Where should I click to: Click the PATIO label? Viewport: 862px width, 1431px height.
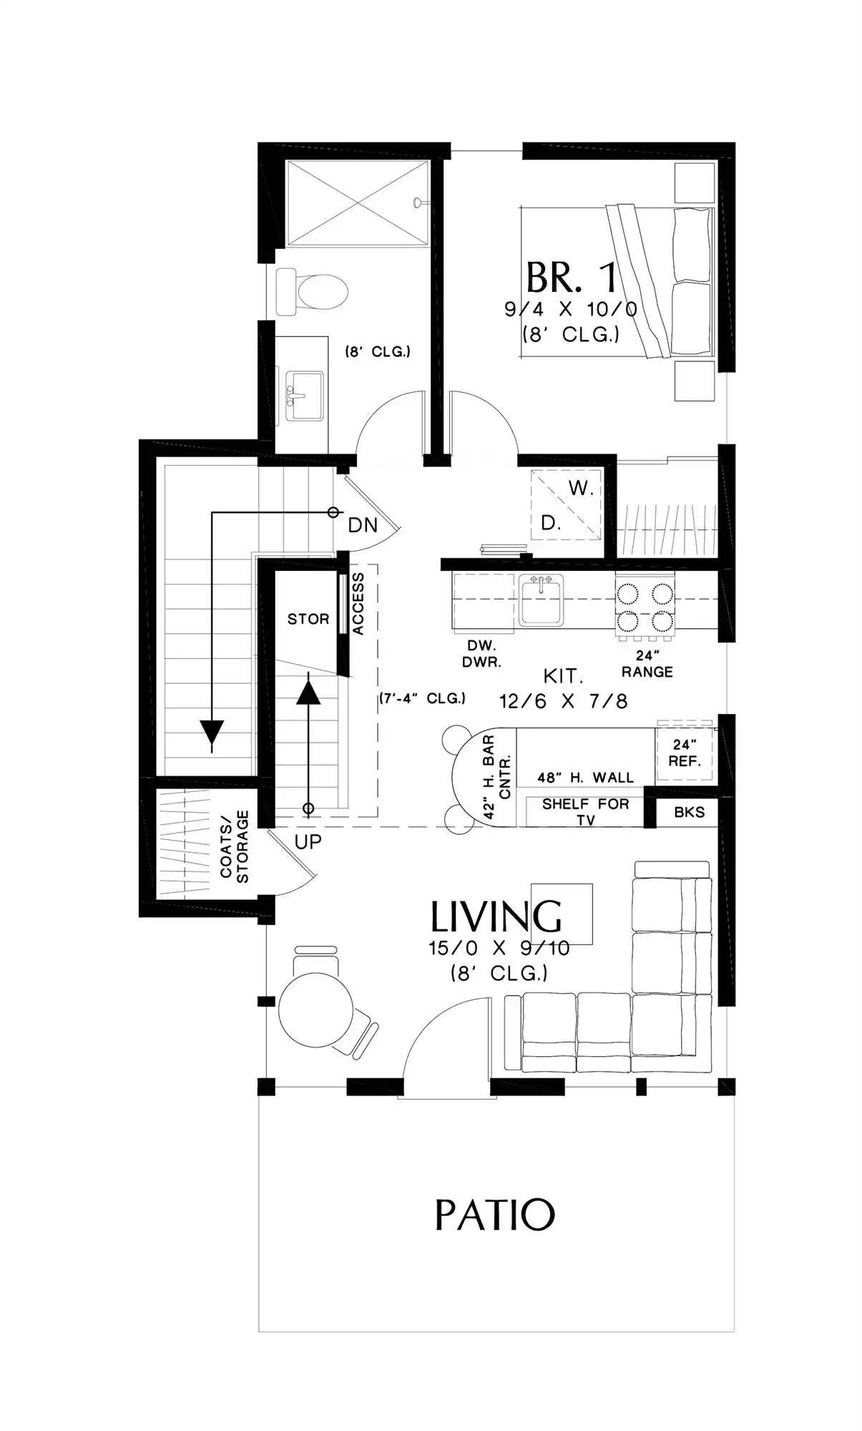(x=494, y=1214)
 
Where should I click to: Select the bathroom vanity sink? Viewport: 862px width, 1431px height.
(x=304, y=396)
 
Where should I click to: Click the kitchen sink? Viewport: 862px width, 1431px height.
(x=541, y=599)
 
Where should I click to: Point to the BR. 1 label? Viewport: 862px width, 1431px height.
(x=572, y=277)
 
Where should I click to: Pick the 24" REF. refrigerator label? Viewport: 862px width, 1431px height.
(x=685, y=753)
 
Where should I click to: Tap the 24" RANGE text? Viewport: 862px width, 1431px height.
(x=647, y=663)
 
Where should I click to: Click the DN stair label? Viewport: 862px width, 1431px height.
(x=363, y=525)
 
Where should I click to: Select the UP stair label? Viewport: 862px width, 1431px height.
(x=308, y=841)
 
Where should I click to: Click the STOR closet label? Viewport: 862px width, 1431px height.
(x=308, y=619)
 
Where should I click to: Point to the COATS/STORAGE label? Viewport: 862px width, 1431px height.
(x=235, y=846)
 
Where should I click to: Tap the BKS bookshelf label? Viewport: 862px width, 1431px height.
(x=690, y=812)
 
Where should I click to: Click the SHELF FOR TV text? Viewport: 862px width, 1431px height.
(x=585, y=811)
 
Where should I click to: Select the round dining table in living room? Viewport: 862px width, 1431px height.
(x=315, y=1010)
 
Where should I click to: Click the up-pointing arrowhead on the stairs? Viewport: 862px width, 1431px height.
(x=308, y=692)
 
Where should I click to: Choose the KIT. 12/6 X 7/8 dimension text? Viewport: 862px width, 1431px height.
(x=564, y=688)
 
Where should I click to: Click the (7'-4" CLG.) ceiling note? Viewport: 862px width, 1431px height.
(x=423, y=698)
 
